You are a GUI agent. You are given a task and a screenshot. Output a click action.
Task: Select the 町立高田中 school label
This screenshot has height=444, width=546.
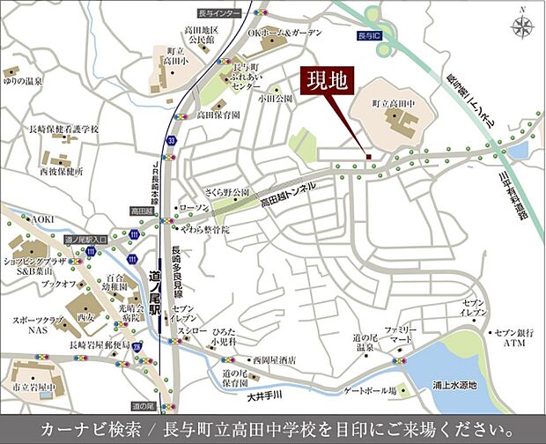pos(394,104)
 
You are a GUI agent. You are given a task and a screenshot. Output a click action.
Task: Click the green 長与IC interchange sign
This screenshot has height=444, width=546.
pos(369,37)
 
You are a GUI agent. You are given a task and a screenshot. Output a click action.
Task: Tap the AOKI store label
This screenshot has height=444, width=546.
pos(42,218)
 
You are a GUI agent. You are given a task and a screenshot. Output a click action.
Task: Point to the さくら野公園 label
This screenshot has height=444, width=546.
pos(228,192)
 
